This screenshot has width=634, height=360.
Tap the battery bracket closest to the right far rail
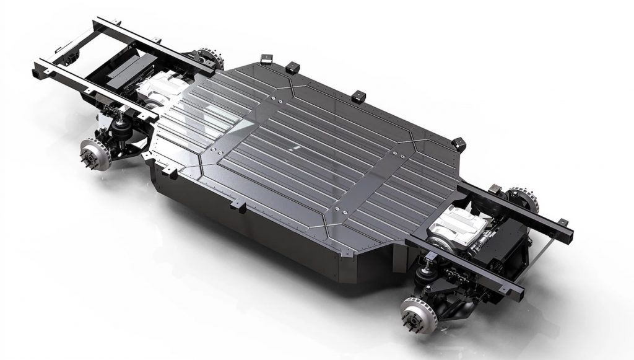[x=459, y=143]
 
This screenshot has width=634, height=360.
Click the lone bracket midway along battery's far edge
[x=359, y=97]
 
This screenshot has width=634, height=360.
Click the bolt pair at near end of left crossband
[x=214, y=149]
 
